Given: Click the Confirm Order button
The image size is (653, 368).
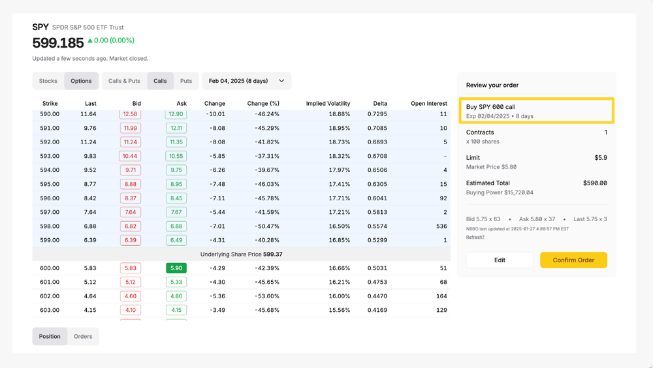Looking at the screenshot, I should click(573, 260).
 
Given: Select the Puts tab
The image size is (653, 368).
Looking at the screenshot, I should click(186, 81).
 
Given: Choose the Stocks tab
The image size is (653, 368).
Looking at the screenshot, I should click(48, 81).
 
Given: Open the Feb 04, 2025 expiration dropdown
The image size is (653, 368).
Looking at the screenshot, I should click(246, 81).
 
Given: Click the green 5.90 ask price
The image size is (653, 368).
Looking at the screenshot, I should click(176, 268).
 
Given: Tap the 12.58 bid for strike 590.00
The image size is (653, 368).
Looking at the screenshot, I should click(130, 114).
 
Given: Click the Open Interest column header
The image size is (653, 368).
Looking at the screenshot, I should click(428, 103).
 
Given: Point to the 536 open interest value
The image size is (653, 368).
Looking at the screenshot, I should click(441, 226).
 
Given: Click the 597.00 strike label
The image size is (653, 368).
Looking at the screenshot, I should click(50, 212).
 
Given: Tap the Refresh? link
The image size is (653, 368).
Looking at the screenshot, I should click(475, 237).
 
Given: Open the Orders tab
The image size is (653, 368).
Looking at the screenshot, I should click(83, 337).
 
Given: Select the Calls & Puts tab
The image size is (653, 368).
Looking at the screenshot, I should click(124, 81).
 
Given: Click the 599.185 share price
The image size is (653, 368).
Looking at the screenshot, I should click(58, 43).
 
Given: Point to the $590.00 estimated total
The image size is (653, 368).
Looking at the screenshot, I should click(595, 183).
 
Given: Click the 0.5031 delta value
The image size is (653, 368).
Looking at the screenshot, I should click(377, 268).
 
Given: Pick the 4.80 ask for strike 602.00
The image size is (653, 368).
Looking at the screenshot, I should click(176, 296).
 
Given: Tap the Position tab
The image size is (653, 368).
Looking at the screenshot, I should click(50, 337).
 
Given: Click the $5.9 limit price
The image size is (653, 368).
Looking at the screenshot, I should click(600, 158).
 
